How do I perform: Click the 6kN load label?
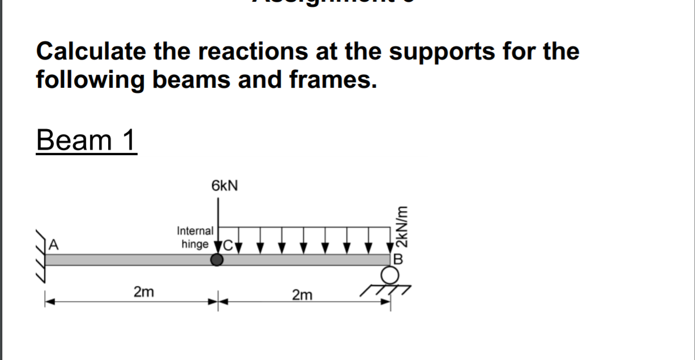click(225, 186)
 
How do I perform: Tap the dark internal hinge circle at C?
click(217, 260)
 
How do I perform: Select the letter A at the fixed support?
click(53, 245)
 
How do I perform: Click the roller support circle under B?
click(389, 276)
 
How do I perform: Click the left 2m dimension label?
click(143, 292)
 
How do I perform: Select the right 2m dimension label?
click(302, 295)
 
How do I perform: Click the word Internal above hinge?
click(195, 231)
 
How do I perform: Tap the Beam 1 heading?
click(87, 140)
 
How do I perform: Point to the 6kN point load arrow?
click(219, 226)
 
